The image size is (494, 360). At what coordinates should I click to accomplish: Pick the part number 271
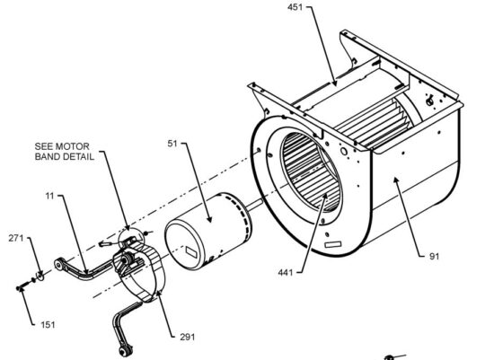[14, 238]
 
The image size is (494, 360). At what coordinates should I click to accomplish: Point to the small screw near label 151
[19, 287]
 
